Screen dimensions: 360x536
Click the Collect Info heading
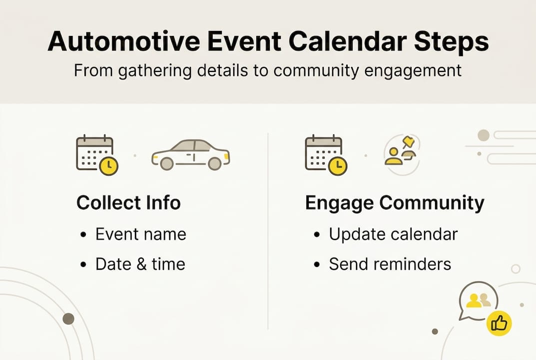(x=128, y=203)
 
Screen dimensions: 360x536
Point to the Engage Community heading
(x=395, y=203)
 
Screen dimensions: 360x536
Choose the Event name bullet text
(x=140, y=234)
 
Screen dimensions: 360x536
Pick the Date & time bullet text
(x=140, y=264)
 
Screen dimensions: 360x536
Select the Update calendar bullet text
(x=393, y=234)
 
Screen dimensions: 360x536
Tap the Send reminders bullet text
(x=390, y=264)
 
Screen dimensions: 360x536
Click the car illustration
(x=191, y=155)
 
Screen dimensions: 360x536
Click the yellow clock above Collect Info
(x=108, y=166)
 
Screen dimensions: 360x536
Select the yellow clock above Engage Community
(x=338, y=166)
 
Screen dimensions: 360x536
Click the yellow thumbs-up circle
(x=499, y=324)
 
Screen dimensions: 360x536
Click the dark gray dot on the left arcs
(x=68, y=318)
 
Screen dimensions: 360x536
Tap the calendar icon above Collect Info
(x=94, y=152)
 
